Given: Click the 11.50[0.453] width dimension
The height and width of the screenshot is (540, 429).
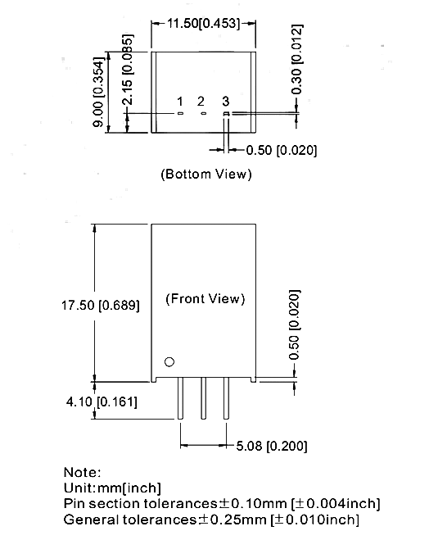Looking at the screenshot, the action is click(203, 24).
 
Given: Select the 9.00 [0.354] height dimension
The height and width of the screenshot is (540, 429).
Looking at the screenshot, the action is click(98, 93).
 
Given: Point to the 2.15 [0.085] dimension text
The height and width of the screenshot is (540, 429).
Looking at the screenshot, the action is click(128, 70).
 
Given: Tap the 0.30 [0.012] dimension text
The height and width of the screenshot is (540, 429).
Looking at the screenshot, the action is click(296, 59).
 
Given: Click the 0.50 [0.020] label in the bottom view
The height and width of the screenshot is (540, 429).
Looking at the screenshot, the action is click(282, 151).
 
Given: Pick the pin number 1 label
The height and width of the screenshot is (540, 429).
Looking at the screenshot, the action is click(180, 102).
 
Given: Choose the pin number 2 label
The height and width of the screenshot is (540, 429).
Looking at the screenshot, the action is click(201, 102).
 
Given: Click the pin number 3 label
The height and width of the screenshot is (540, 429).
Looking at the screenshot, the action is click(225, 102).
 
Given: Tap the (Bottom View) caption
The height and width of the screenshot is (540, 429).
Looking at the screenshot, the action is click(206, 174).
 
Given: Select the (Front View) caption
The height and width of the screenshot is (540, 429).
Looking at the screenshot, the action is click(205, 298).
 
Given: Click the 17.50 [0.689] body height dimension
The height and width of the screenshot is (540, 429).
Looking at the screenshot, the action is click(101, 306).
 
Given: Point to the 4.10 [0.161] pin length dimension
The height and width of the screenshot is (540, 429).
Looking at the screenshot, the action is click(102, 402).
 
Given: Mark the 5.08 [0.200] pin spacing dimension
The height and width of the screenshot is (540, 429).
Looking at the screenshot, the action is click(272, 446).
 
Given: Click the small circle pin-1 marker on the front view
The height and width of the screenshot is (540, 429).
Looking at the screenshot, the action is click(169, 362).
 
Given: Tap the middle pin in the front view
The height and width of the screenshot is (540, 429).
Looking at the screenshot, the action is click(203, 398).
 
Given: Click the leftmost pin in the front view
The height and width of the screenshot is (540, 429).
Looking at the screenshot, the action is click(180, 398).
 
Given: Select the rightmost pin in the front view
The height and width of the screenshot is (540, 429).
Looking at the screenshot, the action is click(226, 398).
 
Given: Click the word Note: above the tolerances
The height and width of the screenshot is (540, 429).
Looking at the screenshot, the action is click(82, 472).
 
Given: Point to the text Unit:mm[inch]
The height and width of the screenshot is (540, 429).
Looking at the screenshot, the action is click(112, 488).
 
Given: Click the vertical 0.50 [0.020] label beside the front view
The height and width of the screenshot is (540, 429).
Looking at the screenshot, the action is click(295, 324).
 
